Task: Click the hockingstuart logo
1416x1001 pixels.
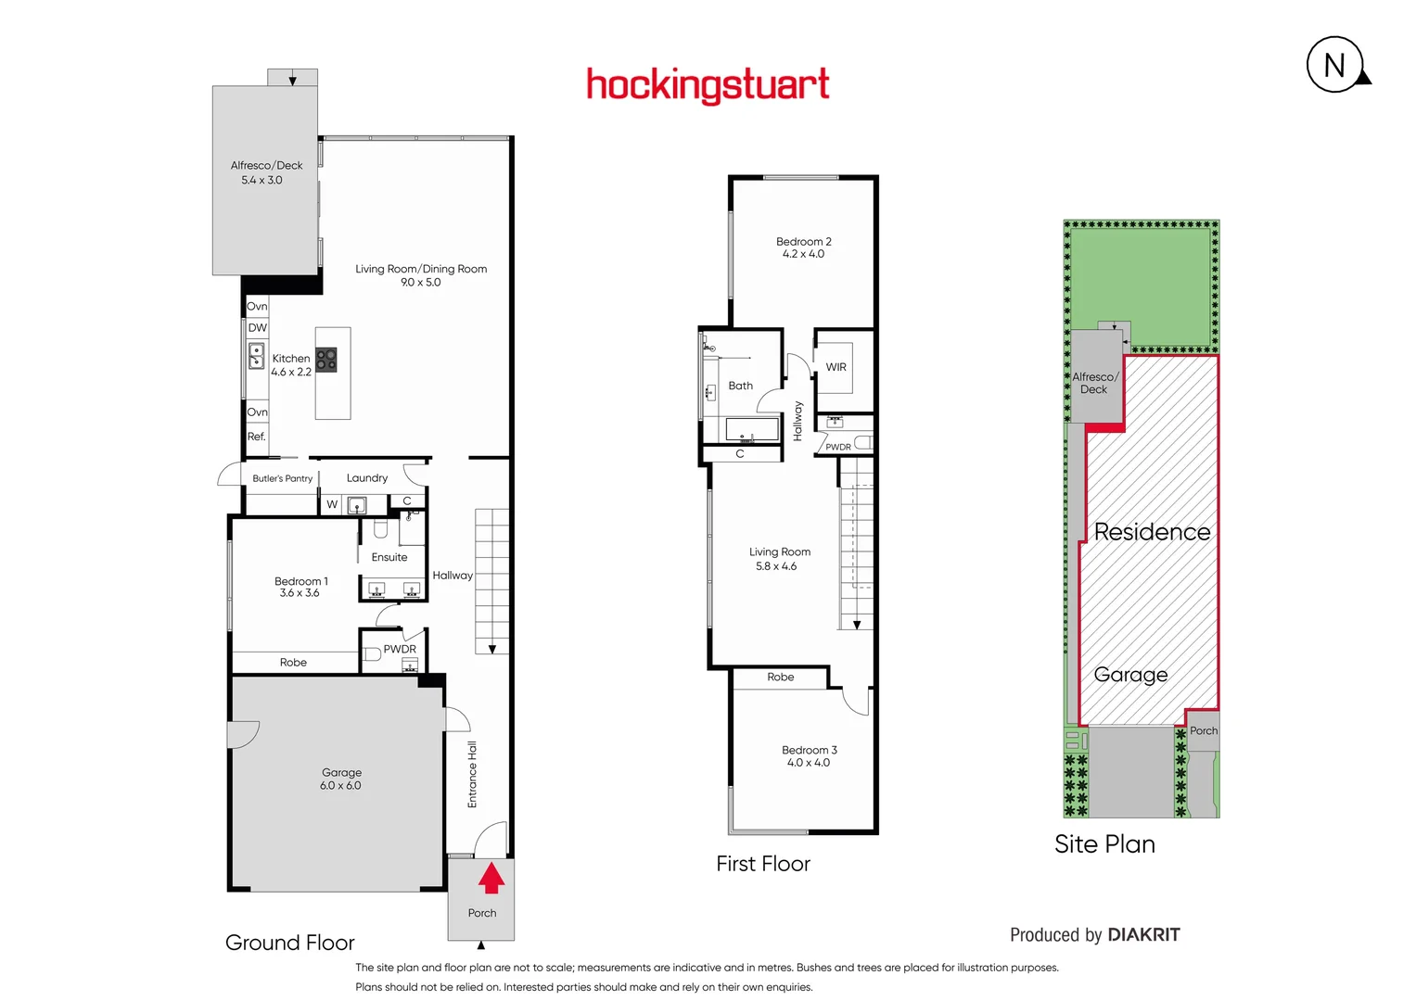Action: pyautogui.click(x=708, y=85)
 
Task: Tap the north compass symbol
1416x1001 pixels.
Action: pyautogui.click(x=1336, y=65)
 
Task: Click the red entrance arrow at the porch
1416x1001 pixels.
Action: pyautogui.click(x=491, y=877)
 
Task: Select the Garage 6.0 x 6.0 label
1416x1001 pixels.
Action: pyautogui.click(x=341, y=779)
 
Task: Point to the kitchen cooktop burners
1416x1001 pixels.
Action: pyautogui.click(x=326, y=360)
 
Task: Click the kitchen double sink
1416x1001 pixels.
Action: pyautogui.click(x=256, y=356)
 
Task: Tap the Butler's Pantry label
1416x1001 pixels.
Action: pyautogui.click(x=282, y=478)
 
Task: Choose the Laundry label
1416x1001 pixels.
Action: pyautogui.click(x=367, y=478)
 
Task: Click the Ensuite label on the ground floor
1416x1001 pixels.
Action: pyautogui.click(x=389, y=557)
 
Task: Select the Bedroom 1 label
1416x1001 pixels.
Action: pyautogui.click(x=300, y=581)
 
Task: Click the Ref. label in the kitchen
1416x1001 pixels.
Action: pyautogui.click(x=256, y=437)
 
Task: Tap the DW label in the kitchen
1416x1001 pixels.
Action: pyautogui.click(x=257, y=328)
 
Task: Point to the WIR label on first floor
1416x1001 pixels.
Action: pyautogui.click(x=836, y=367)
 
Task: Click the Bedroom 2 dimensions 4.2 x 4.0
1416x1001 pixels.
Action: pyautogui.click(x=803, y=254)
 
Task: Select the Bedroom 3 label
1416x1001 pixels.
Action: pyautogui.click(x=809, y=750)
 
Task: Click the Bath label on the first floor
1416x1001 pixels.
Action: pyautogui.click(x=740, y=386)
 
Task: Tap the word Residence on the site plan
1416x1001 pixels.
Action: pyautogui.click(x=1152, y=532)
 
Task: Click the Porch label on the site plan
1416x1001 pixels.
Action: pyautogui.click(x=1204, y=730)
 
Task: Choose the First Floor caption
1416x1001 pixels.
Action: pyautogui.click(x=763, y=864)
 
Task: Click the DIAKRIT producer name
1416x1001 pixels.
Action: pyautogui.click(x=1143, y=934)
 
